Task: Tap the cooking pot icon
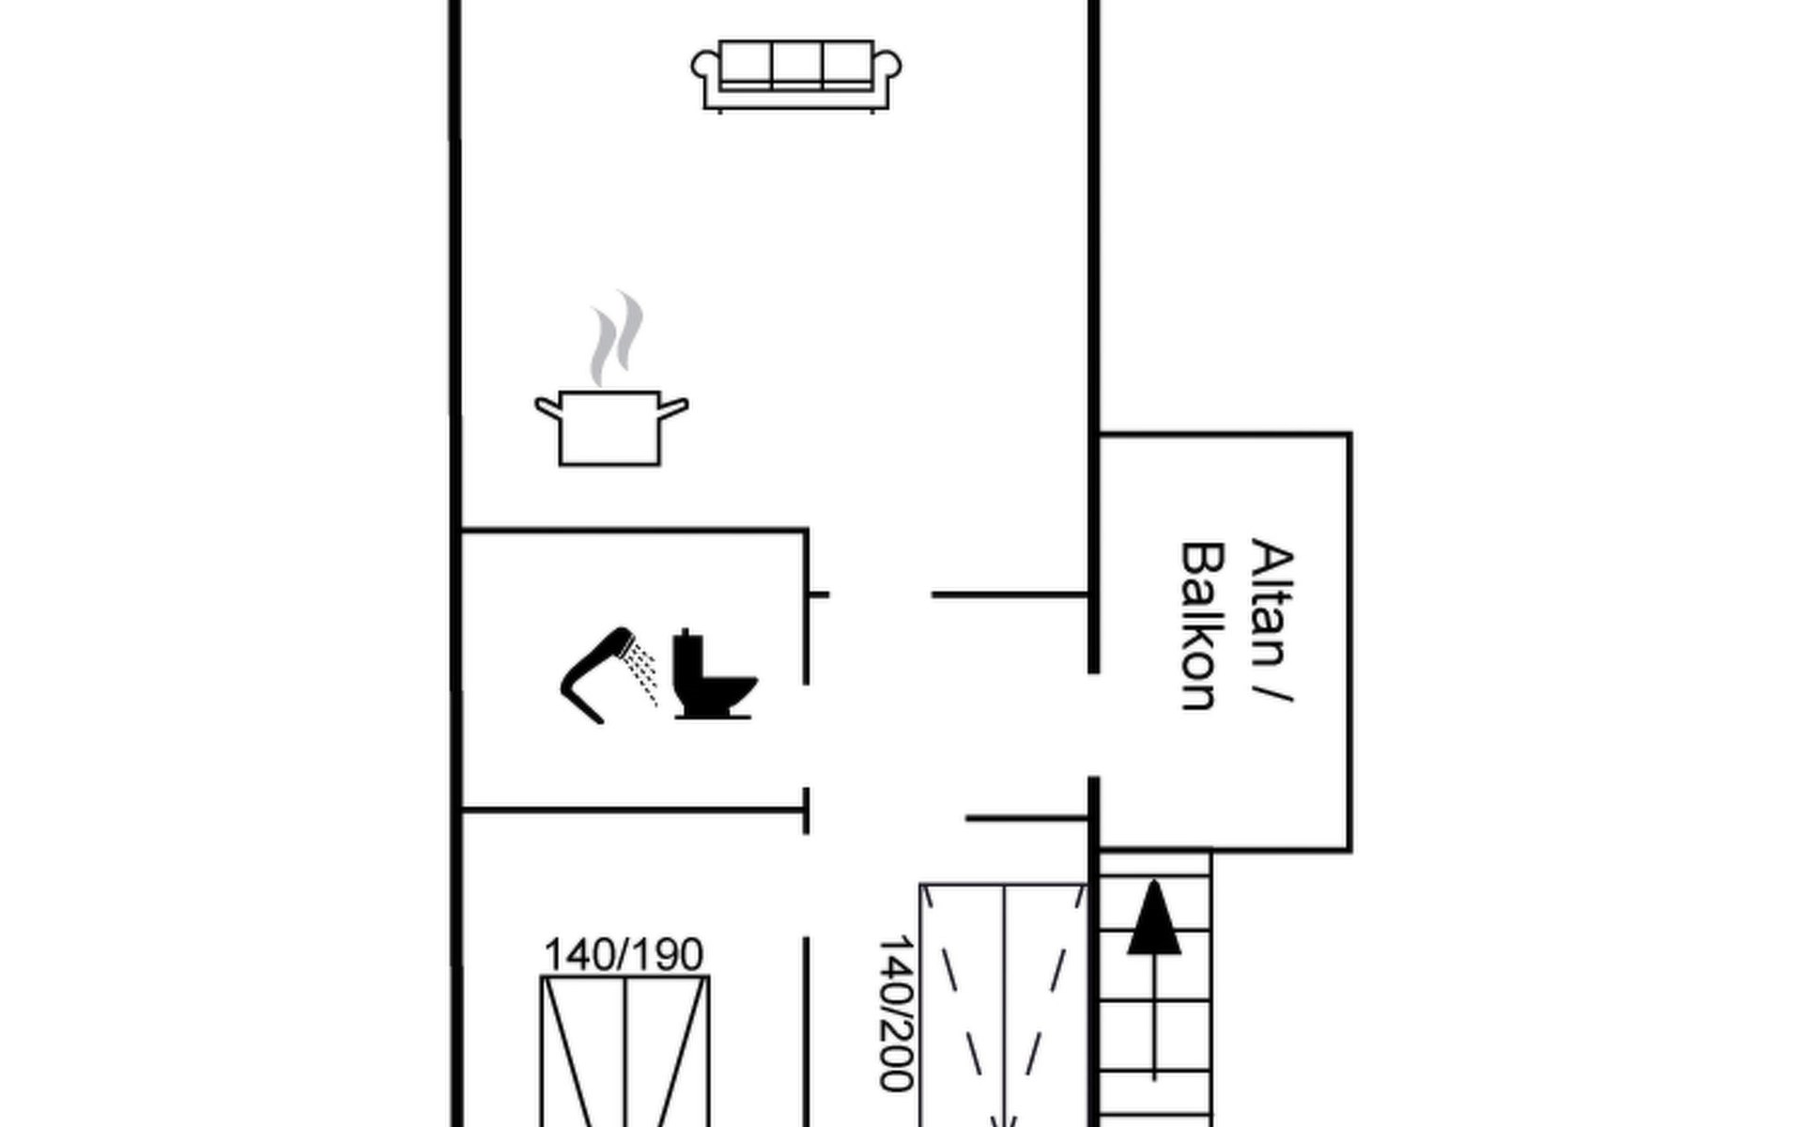click(x=610, y=428)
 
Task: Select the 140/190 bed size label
click(x=624, y=955)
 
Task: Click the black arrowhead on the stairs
click(x=1154, y=919)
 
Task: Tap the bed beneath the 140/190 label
click(x=624, y=1052)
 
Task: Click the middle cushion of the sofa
click(x=796, y=64)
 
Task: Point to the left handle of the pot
click(x=547, y=408)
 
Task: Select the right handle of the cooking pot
click(x=674, y=408)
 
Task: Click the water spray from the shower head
click(x=643, y=669)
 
